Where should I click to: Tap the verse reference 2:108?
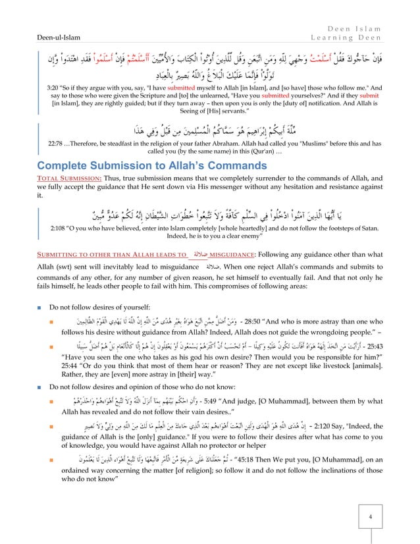tap(62, 230)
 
